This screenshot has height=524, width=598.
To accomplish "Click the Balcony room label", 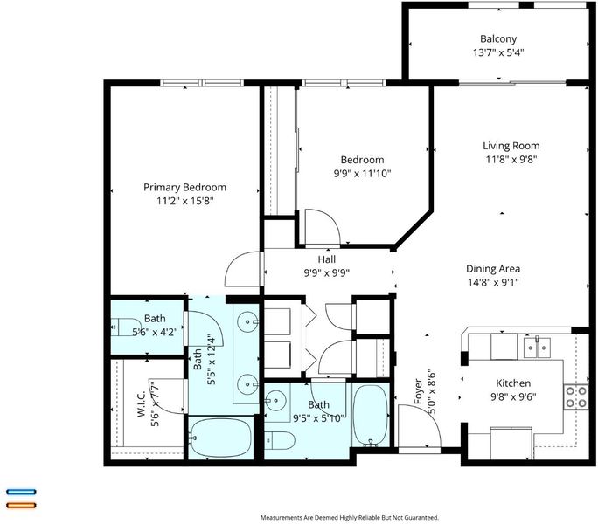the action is point(498,39).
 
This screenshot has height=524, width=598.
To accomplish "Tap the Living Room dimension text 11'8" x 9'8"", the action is point(511,159).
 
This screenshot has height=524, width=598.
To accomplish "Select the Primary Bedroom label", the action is point(185,187).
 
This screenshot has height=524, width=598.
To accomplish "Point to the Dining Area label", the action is point(493,269).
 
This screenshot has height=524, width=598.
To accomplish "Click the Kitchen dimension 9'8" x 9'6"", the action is point(513,396).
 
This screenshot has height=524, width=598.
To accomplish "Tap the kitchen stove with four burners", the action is point(576,396).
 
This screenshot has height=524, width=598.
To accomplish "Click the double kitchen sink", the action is point(537,348).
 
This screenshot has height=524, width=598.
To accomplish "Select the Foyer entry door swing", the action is point(419,425).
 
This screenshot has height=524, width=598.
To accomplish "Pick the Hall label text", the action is point(327,259).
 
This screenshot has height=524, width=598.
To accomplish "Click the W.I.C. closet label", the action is point(141,403).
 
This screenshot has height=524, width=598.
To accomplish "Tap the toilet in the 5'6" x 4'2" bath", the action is point(126,327).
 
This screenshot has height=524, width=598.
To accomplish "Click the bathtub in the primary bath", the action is point(220,438).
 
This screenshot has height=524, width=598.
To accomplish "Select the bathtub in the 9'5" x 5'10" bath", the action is point(371,414).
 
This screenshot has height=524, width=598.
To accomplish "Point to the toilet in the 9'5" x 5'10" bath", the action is point(280,440).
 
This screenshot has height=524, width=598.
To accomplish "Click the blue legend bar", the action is point(21,492).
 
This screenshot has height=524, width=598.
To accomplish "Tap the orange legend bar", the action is point(21,506).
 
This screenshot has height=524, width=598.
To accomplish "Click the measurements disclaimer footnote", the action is point(350,518).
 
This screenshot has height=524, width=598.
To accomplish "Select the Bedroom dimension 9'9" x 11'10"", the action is point(362,174).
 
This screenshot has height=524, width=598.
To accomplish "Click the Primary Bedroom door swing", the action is point(242,269).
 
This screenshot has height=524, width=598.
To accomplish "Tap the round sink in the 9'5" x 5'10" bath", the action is point(275,401).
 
